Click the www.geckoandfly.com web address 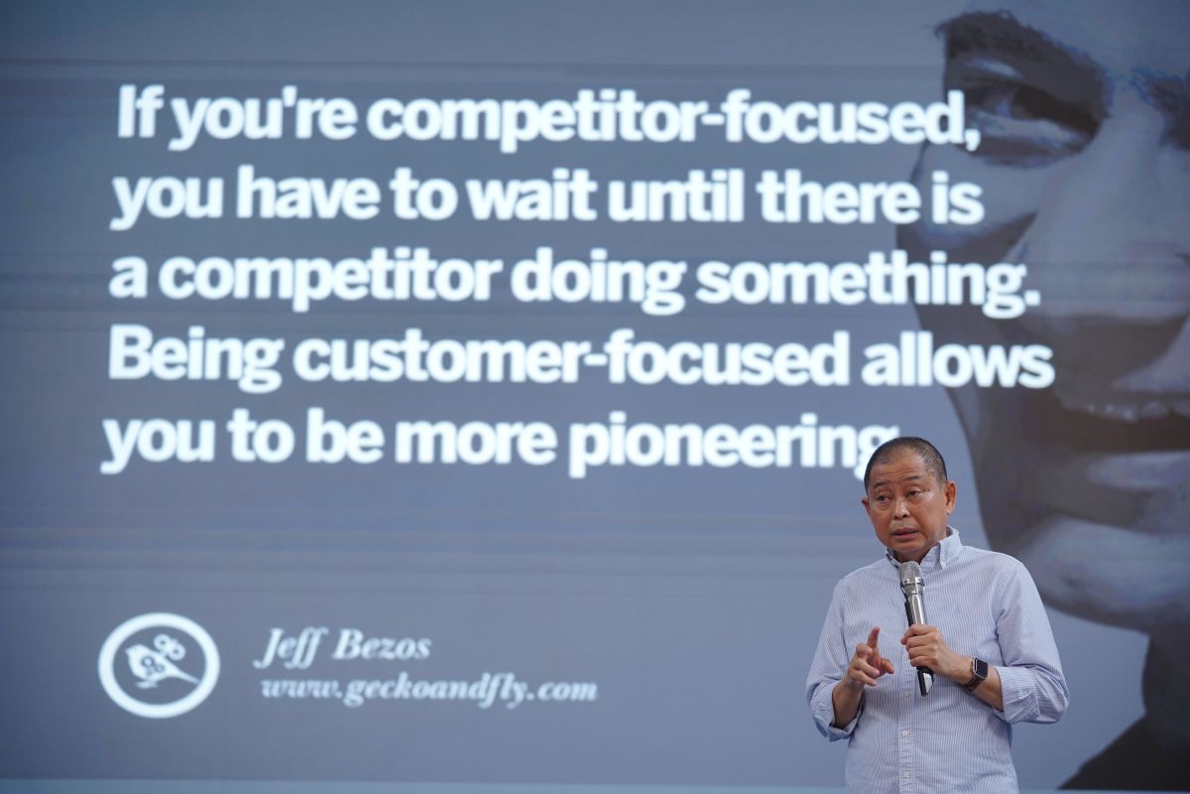point(429,692)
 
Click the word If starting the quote point(139,114)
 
